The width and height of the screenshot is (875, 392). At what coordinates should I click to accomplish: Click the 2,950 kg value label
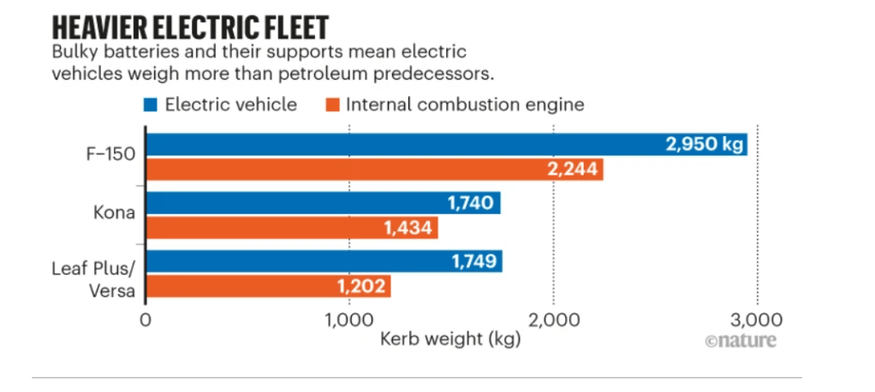pyautogui.click(x=705, y=144)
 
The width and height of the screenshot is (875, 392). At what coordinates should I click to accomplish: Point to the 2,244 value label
pyautogui.click(x=572, y=169)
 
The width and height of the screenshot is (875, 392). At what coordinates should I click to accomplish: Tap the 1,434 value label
pyautogui.click(x=407, y=228)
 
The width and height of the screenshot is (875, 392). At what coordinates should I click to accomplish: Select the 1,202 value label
pyautogui.click(x=360, y=286)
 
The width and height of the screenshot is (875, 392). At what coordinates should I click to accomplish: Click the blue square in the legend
pyautogui.click(x=150, y=105)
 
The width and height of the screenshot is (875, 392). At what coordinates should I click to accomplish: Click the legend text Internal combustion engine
pyautogui.click(x=465, y=105)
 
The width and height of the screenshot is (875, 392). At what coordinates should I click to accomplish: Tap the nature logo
pyautogui.click(x=741, y=340)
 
